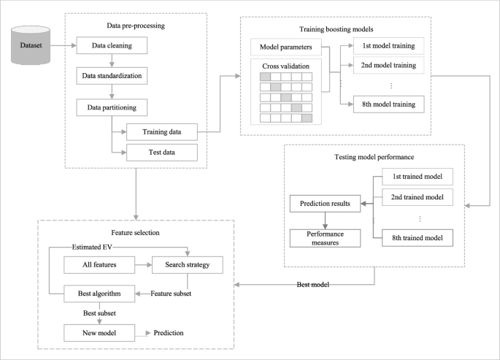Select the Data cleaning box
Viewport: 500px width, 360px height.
(112, 46)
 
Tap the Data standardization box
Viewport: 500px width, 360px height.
(112, 76)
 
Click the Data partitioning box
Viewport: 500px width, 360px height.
(112, 107)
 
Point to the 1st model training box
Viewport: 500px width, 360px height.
(388, 47)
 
